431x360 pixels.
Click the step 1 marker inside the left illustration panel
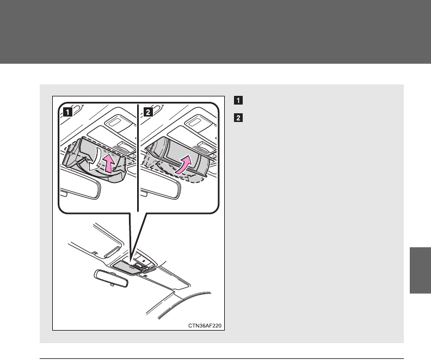click(x=67, y=112)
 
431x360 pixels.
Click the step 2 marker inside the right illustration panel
click(x=148, y=112)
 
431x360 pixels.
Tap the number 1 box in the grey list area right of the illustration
click(x=238, y=100)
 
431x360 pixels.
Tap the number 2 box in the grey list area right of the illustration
click(x=238, y=118)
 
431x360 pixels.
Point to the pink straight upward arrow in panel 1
click(x=109, y=164)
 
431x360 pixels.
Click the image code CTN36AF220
click(x=205, y=326)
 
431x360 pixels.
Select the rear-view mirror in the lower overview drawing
click(x=111, y=278)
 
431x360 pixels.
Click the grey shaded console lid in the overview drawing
click(x=126, y=267)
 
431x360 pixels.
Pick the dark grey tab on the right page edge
click(x=420, y=270)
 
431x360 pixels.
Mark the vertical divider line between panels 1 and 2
click(x=138, y=157)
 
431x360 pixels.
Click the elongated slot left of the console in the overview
click(x=112, y=252)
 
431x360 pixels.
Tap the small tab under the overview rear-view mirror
click(x=112, y=285)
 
